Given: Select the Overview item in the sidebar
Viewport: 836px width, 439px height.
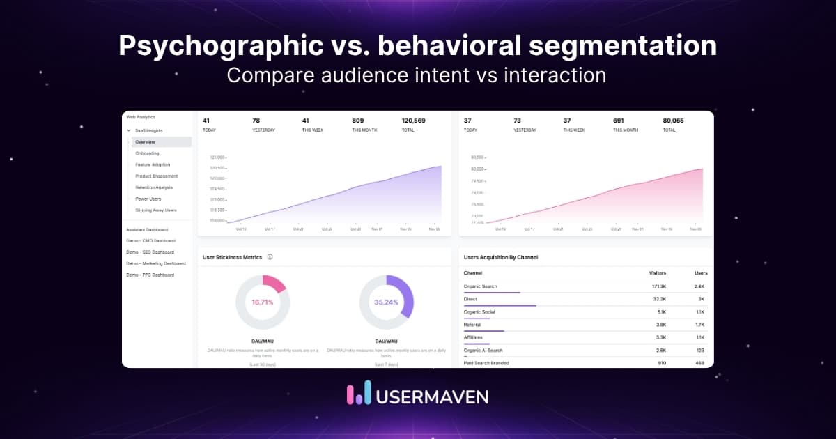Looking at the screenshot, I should point(146,142).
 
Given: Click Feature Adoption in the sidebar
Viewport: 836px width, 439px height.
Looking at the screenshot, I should point(153,165).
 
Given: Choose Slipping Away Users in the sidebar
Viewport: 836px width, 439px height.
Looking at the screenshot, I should point(156,210).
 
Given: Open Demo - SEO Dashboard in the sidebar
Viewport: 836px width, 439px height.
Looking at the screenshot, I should point(150,252).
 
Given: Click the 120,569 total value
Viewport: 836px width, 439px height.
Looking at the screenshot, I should point(413,121).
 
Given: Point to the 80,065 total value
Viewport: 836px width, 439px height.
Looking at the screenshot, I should point(673,121).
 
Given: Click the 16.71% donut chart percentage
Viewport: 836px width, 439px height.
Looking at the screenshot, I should point(262,302).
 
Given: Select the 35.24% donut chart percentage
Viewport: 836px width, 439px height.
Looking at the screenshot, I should point(386,302).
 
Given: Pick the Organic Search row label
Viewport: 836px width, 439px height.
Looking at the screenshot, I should point(481,286).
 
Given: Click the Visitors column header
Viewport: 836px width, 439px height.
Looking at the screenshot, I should point(656,273).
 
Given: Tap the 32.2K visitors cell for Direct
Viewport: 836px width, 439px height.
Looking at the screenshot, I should point(659,299).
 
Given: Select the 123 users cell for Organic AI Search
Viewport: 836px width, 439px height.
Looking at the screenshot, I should point(699,351).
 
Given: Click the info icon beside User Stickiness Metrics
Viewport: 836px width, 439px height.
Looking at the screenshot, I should point(270,257).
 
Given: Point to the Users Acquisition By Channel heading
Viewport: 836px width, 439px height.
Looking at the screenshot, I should point(500,257).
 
